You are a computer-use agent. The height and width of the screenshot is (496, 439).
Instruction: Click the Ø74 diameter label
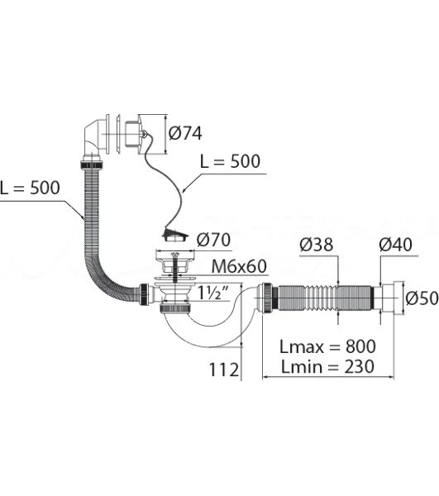[x=185, y=133]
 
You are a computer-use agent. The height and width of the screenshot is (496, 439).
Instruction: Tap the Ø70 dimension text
[x=213, y=240]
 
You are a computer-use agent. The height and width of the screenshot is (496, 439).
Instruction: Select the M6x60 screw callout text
[x=239, y=266]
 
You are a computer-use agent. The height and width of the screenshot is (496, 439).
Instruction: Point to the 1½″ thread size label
[x=212, y=293]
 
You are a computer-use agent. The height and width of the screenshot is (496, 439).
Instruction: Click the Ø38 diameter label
[x=317, y=245]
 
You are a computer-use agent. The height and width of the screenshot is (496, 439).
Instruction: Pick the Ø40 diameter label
[x=395, y=245]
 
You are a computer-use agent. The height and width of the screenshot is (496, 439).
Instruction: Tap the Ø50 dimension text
[x=422, y=298]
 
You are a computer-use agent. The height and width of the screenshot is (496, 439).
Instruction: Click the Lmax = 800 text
[x=327, y=346]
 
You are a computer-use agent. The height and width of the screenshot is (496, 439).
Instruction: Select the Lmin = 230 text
[x=327, y=366]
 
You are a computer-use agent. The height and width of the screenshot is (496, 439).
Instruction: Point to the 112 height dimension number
[x=224, y=370]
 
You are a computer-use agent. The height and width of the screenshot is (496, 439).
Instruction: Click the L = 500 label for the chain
[x=231, y=161]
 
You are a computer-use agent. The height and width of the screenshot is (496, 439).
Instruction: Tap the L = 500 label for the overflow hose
[x=30, y=188]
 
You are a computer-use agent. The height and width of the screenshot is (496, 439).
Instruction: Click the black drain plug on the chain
[x=175, y=236]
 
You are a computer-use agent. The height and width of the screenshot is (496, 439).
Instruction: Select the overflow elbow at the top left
[x=93, y=141]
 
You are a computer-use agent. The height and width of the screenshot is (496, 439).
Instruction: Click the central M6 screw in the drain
[x=174, y=268]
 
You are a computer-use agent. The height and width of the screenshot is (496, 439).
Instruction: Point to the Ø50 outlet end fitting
[x=392, y=298]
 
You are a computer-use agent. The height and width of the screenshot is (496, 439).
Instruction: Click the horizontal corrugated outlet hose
[x=325, y=298]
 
